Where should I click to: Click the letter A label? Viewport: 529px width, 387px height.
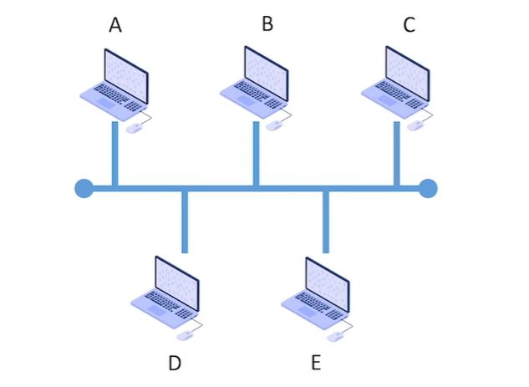tap(115, 26)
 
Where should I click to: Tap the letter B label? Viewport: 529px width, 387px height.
tap(267, 23)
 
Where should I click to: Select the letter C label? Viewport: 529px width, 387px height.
tap(409, 25)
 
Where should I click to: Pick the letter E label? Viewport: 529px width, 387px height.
tap(315, 363)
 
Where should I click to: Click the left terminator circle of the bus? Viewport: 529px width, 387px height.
tap(84, 188)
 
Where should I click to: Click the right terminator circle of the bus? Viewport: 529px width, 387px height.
tap(428, 188)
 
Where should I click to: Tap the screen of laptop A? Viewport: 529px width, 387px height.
tap(125, 72)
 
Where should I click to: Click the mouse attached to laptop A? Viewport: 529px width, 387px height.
tap(134, 129)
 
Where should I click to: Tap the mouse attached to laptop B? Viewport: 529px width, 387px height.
tap(275, 126)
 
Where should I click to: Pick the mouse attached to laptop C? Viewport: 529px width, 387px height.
tap(415, 126)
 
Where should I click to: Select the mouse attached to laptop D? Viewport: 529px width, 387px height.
tap(185, 335)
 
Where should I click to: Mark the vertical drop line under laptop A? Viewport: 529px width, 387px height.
tap(114, 155)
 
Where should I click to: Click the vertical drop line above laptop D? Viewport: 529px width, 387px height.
tap(185, 222)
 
